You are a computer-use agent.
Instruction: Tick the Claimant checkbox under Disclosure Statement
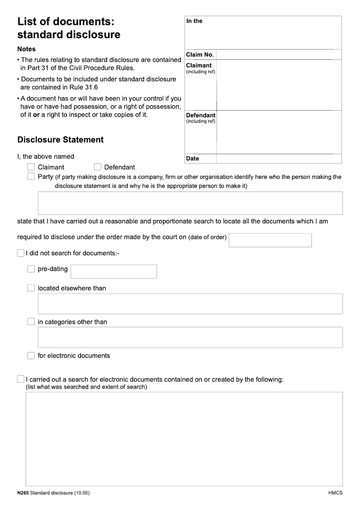tap(31, 167)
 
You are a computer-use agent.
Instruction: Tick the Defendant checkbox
tap(98, 167)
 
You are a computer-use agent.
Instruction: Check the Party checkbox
tap(31, 177)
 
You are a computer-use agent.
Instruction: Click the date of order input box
tap(270, 240)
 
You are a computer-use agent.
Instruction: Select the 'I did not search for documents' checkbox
tap(21, 253)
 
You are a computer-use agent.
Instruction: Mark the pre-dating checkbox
tap(31, 269)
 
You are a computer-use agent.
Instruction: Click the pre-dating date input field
tap(114, 272)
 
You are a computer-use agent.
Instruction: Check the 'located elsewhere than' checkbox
tap(31, 288)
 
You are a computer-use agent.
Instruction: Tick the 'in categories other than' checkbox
tap(31, 321)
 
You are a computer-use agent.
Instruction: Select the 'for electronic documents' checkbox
tap(31, 356)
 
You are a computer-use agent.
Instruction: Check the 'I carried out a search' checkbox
tap(21, 379)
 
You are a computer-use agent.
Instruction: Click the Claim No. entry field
tap(279, 54)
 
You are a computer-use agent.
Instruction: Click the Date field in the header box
tap(279, 159)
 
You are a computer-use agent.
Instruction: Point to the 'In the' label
tap(194, 21)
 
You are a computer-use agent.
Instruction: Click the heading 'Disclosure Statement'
tap(60, 140)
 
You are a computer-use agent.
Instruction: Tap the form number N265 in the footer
tap(22, 493)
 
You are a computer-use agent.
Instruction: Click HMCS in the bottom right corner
tap(335, 493)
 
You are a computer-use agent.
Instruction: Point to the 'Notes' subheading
tap(27, 49)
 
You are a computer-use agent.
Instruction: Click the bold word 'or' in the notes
tap(36, 115)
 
